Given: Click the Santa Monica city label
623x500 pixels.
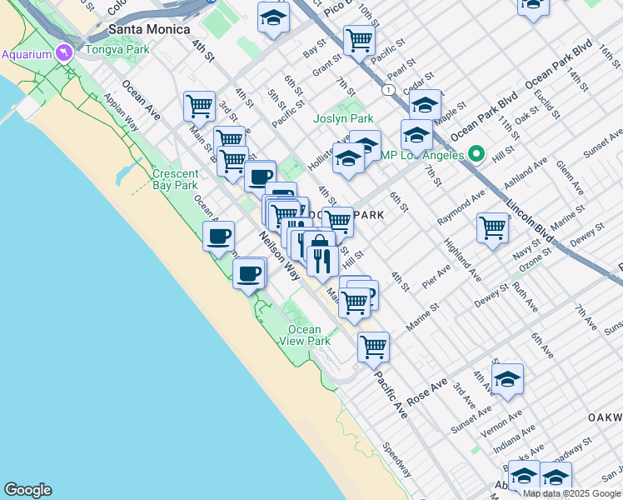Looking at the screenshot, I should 142,29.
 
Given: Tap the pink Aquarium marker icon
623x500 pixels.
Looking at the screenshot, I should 61,54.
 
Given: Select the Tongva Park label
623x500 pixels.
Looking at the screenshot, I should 117,50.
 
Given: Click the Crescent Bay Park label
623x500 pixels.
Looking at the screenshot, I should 175,179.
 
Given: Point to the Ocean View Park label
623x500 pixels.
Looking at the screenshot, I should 305,335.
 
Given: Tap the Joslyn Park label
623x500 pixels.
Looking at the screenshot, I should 343,119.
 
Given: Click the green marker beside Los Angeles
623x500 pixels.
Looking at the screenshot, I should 476,154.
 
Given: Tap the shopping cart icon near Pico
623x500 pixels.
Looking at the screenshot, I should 359,38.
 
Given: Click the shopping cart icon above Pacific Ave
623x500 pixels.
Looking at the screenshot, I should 373,345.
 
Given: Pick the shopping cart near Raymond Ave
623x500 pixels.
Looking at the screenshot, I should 493,226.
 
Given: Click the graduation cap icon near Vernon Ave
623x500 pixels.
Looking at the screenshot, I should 507,378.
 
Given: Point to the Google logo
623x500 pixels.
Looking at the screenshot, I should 27,490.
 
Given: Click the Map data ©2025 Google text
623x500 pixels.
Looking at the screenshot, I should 571,493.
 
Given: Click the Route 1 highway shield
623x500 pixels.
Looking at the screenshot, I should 388,89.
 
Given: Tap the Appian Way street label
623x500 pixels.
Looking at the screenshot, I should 122,112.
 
